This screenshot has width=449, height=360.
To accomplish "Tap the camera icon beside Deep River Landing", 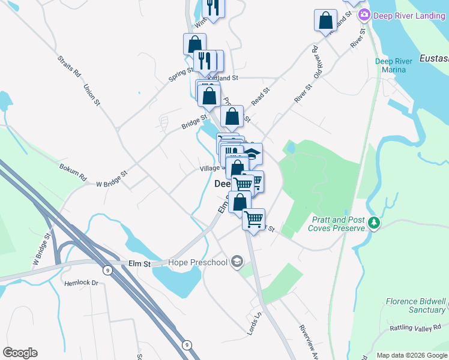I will (x=363, y=14).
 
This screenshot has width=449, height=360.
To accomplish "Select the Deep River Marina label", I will (x=394, y=65).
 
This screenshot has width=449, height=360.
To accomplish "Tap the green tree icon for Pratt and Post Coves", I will (x=375, y=223).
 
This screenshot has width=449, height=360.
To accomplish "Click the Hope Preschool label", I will (x=197, y=262).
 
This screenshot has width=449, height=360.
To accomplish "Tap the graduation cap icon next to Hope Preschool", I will (x=237, y=262).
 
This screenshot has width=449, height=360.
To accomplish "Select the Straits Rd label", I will (x=69, y=67).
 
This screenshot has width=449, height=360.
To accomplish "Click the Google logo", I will (x=20, y=353).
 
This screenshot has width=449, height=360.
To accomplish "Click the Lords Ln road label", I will (x=255, y=324).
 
